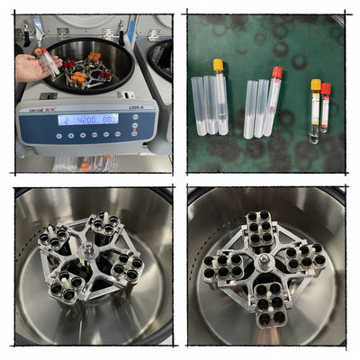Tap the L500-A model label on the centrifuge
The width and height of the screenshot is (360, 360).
click(x=139, y=108)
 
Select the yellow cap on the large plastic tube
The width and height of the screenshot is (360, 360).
click(x=218, y=65)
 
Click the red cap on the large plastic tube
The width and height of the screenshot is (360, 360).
click(x=277, y=72)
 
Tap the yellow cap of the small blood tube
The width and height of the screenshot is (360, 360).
click(x=316, y=85)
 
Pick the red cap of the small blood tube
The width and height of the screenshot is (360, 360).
click(x=326, y=89)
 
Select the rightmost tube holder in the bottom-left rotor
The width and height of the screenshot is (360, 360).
click(x=125, y=265)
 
